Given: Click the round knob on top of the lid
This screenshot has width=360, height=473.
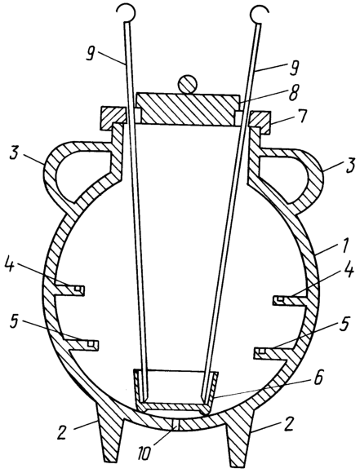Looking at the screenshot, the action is (187, 84).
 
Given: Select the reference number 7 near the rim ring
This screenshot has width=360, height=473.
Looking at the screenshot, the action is (303, 117).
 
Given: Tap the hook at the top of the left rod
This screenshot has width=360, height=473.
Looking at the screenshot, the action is (126, 13).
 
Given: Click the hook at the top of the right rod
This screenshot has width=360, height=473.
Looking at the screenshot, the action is (259, 13).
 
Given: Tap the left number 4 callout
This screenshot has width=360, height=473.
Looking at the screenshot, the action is (11, 266).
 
